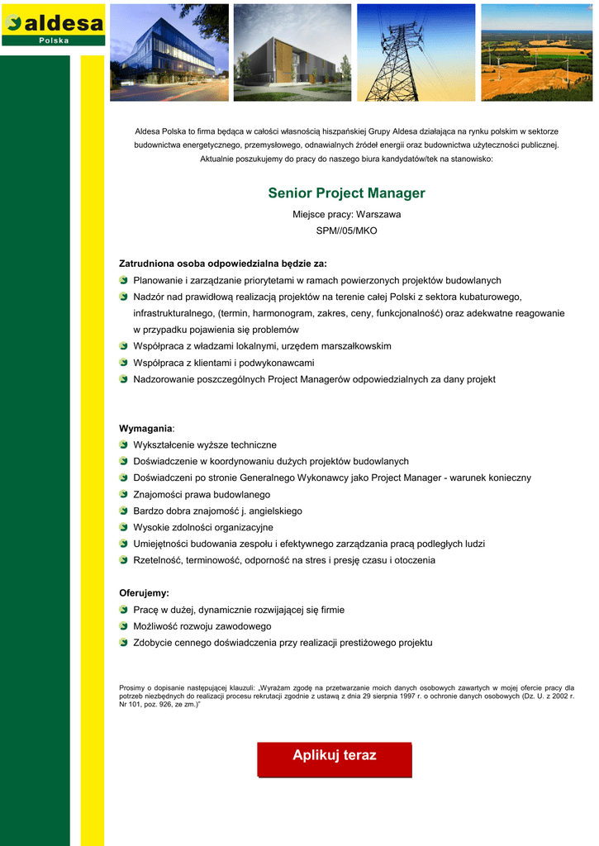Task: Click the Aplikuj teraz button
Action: click(334, 758)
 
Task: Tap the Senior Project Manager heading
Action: click(346, 193)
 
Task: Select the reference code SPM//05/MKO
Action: click(346, 231)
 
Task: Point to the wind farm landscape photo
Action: click(536, 53)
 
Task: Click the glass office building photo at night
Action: click(169, 53)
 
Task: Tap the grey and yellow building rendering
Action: click(292, 53)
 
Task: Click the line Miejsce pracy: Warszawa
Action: click(346, 215)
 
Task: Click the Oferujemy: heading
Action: click(144, 593)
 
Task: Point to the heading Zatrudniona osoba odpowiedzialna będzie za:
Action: click(223, 264)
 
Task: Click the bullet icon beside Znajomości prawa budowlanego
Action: click(124, 495)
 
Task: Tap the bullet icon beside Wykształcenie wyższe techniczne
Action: click(124, 445)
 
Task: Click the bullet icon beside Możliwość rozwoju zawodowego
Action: click(124, 626)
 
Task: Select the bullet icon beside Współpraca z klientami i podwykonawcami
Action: click(124, 363)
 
